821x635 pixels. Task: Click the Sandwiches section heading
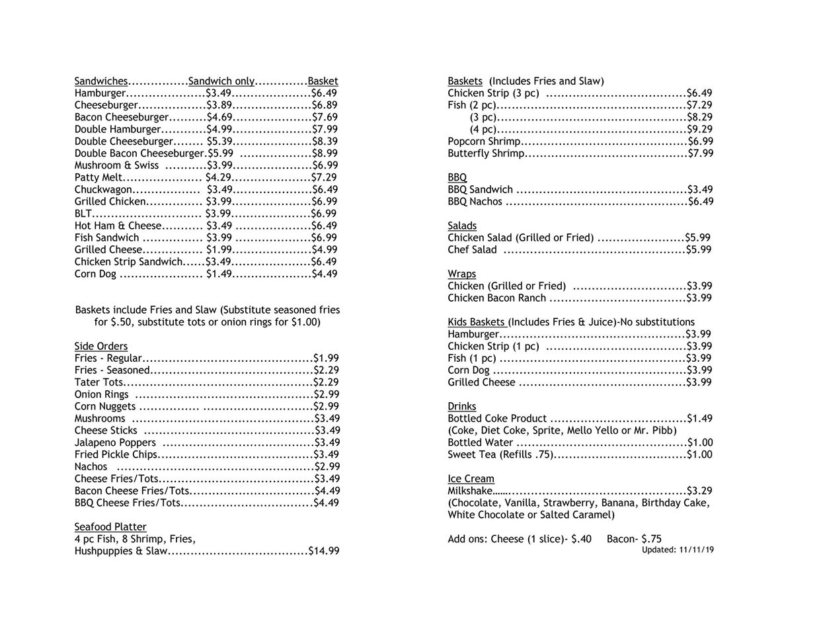[x=101, y=81]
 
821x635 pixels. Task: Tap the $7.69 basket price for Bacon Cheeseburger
[x=325, y=118]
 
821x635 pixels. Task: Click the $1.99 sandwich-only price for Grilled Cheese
[x=219, y=249]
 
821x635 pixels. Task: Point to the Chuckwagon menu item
[x=103, y=190]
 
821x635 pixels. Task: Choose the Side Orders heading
[x=101, y=346]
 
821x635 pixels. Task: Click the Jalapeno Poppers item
[x=115, y=443]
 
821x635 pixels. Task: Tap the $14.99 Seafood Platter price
[x=324, y=550]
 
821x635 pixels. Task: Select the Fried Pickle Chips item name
[x=116, y=454]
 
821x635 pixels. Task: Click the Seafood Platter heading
[x=110, y=527]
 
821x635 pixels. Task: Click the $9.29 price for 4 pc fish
[x=700, y=130]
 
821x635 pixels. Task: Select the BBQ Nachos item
[x=475, y=202]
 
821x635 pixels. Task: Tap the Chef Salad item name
[x=472, y=250]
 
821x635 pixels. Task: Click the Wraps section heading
[x=461, y=274]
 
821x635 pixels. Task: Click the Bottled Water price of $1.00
[x=700, y=443]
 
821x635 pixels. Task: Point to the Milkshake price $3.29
[x=700, y=491]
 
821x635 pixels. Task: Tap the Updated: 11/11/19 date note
[x=678, y=550]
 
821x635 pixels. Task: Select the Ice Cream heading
[x=471, y=479]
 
